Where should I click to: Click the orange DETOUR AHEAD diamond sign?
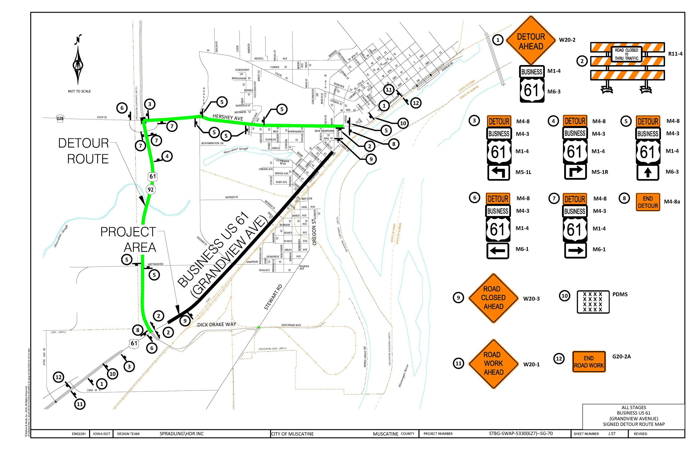pyautogui.click(x=530, y=41)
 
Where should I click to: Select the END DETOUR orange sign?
pyautogui.click(x=647, y=202)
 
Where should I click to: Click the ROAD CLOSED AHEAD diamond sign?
pyautogui.click(x=493, y=298)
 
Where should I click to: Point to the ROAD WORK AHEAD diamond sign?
pyautogui.click(x=493, y=364)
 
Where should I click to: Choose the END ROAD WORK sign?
pyautogui.click(x=588, y=361)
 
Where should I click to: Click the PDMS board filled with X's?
pyautogui.click(x=593, y=302)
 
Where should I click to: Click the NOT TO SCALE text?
pyautogui.click(x=79, y=91)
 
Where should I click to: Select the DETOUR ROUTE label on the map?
pyautogui.click(x=84, y=151)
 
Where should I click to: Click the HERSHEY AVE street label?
pyautogui.click(x=228, y=117)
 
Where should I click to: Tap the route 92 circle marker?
pyautogui.click(x=150, y=190)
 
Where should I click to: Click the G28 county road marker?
pyautogui.click(x=60, y=118)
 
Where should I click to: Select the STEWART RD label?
pyautogui.click(x=273, y=297)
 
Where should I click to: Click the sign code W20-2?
pyautogui.click(x=567, y=40)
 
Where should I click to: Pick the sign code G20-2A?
pyautogui.click(x=621, y=356)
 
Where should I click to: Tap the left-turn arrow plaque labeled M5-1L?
pyautogui.click(x=499, y=172)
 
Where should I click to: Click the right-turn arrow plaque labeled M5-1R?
pyautogui.click(x=575, y=172)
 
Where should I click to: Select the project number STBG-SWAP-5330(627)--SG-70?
pyautogui.click(x=520, y=433)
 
